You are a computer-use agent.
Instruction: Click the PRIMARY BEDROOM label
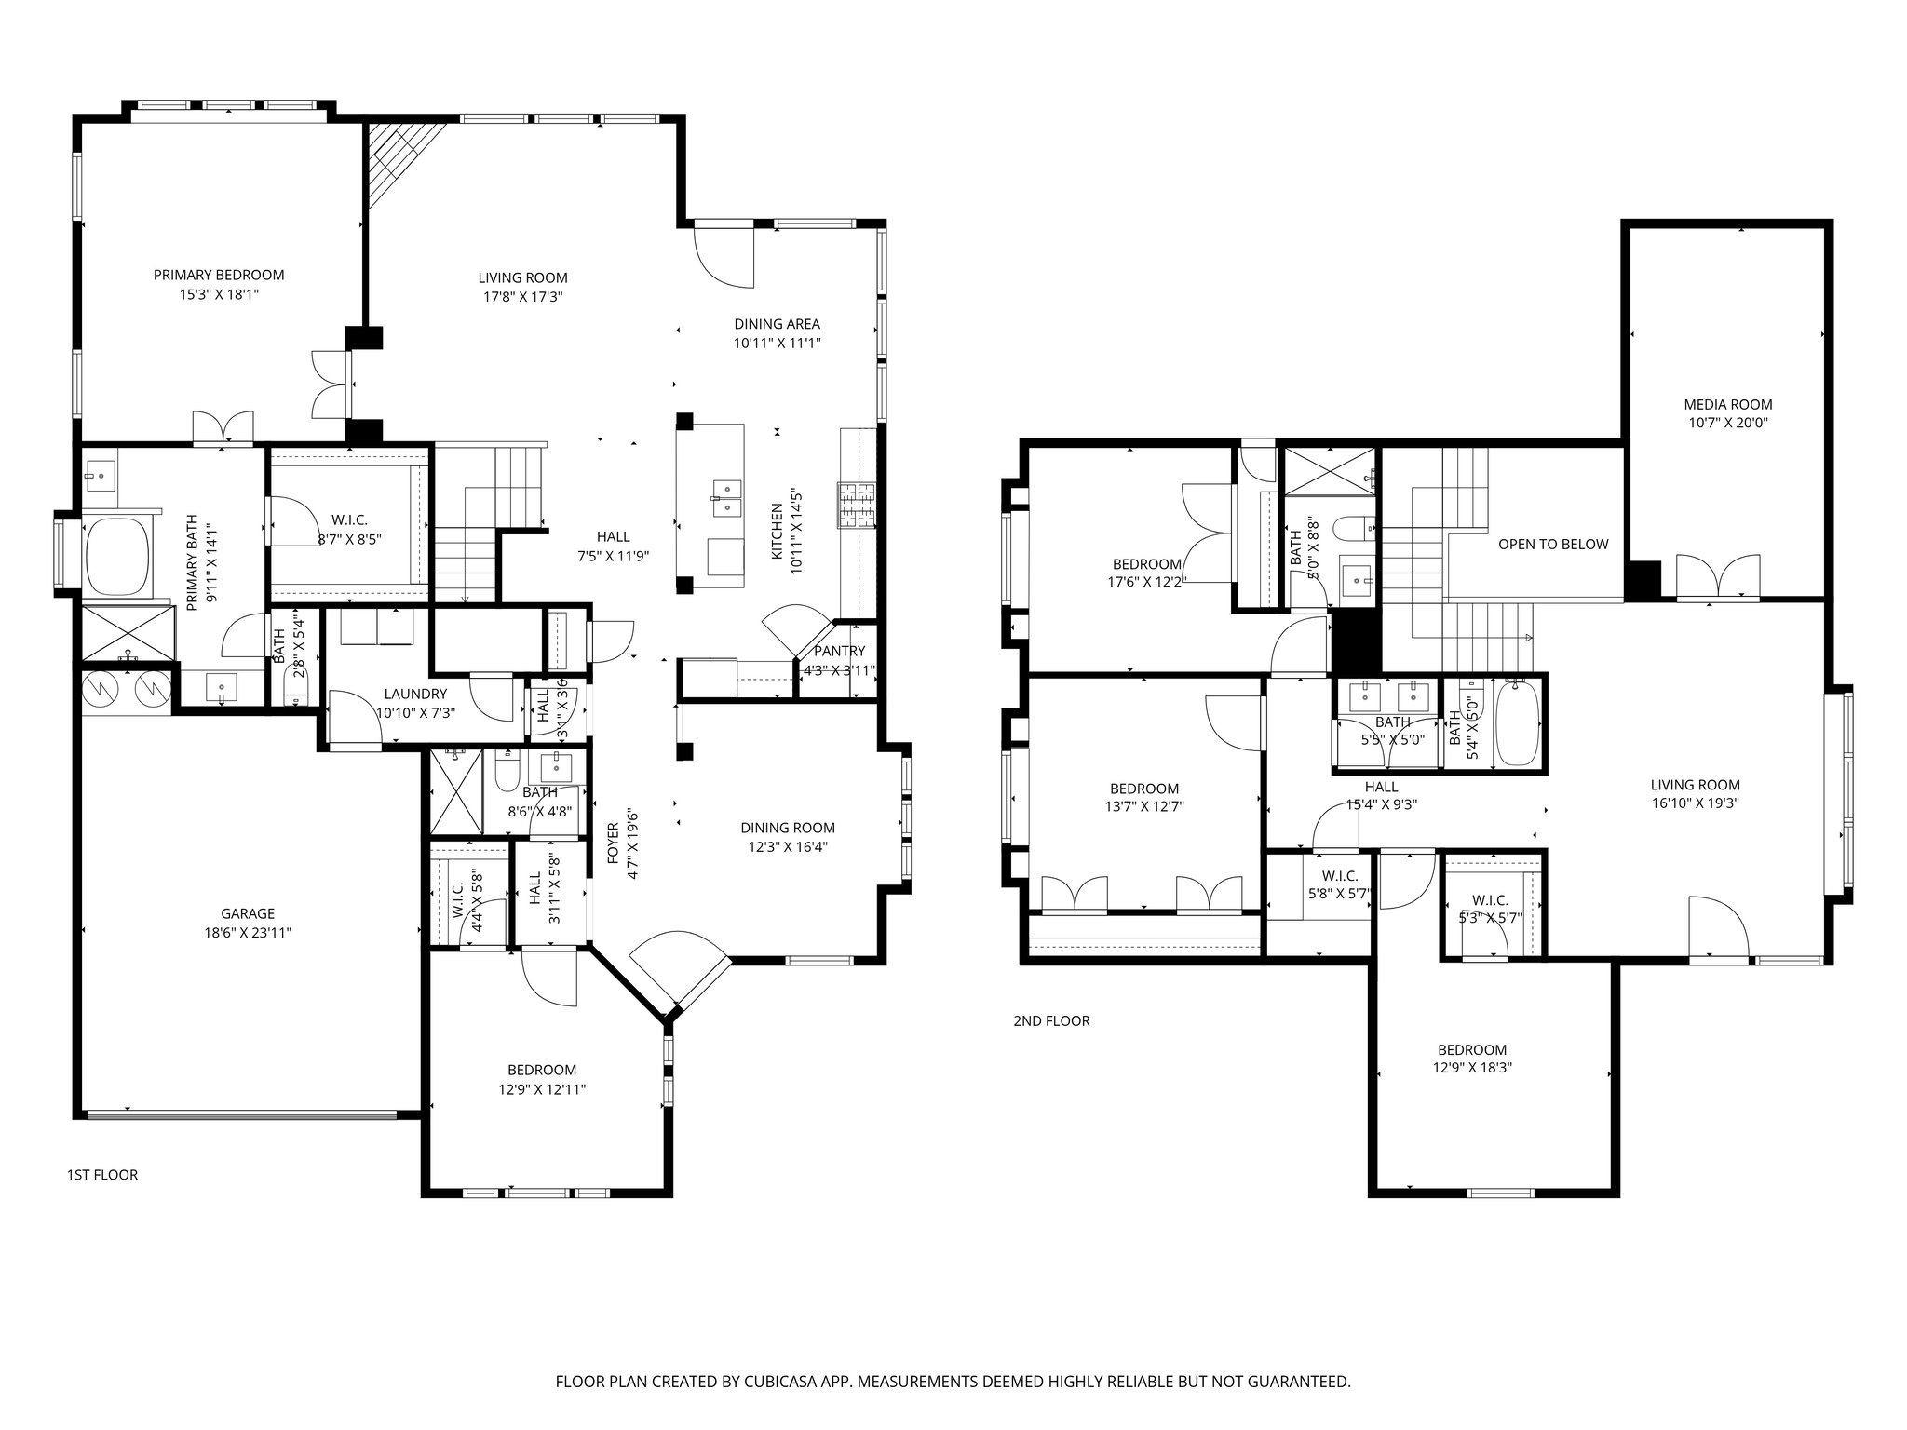click(219, 275)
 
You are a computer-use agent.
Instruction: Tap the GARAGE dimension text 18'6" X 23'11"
click(248, 932)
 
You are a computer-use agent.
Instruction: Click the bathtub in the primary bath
click(117, 556)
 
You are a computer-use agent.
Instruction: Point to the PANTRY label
click(839, 651)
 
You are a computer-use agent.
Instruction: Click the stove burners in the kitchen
click(857, 506)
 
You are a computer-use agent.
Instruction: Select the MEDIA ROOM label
click(1727, 404)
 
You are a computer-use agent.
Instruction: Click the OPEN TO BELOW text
click(1553, 544)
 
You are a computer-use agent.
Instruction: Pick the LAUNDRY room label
click(415, 694)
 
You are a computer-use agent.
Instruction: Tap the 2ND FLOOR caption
click(1051, 1020)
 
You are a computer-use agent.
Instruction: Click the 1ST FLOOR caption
click(102, 1175)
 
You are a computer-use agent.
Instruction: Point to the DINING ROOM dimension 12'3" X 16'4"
click(788, 846)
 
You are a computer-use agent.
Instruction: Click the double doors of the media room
click(1718, 575)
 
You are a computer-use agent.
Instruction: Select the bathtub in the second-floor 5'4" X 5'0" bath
click(1516, 722)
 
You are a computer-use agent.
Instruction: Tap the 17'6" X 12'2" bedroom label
click(1147, 583)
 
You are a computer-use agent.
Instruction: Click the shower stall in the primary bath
click(128, 633)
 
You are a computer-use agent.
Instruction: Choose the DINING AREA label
click(777, 324)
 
